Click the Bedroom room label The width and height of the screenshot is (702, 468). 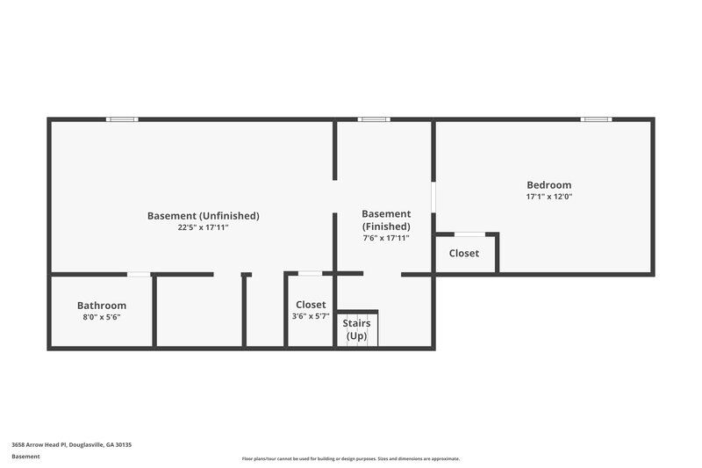pyautogui.click(x=548, y=184)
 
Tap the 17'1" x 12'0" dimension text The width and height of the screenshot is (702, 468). pyautogui.click(x=548, y=197)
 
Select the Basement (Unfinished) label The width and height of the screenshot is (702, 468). pyautogui.click(x=203, y=215)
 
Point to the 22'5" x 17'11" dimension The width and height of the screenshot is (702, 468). pyautogui.click(x=203, y=227)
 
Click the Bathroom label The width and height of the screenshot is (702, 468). pyautogui.click(x=102, y=306)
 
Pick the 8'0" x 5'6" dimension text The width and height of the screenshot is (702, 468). pyautogui.click(x=102, y=317)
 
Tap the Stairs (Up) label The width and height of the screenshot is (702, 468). pyautogui.click(x=356, y=329)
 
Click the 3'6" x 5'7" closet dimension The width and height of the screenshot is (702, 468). pyautogui.click(x=311, y=317)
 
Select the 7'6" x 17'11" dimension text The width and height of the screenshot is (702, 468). pyautogui.click(x=386, y=237)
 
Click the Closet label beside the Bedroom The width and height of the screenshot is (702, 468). pyautogui.click(x=464, y=253)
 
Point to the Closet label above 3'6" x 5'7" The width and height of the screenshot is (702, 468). pyautogui.click(x=311, y=305)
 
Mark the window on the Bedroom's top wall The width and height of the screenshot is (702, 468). pyautogui.click(x=596, y=119)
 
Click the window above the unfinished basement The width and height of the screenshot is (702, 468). pyautogui.click(x=122, y=119)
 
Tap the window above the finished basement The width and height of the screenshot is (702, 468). pyautogui.click(x=374, y=119)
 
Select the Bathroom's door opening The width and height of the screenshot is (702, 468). pyautogui.click(x=139, y=274)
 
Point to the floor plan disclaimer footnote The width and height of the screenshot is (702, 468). pyautogui.click(x=350, y=458)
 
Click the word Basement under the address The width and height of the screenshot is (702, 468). pyautogui.click(x=25, y=457)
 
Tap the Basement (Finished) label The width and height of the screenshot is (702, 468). pyautogui.click(x=386, y=220)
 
